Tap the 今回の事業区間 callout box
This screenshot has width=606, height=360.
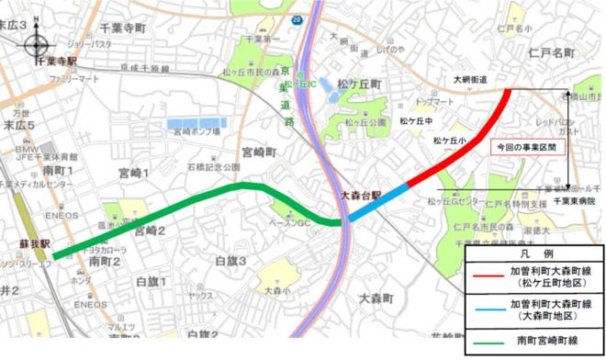524,147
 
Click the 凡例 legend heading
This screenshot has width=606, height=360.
533,251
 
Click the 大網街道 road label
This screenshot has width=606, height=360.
469,80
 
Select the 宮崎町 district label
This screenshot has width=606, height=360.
258,150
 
